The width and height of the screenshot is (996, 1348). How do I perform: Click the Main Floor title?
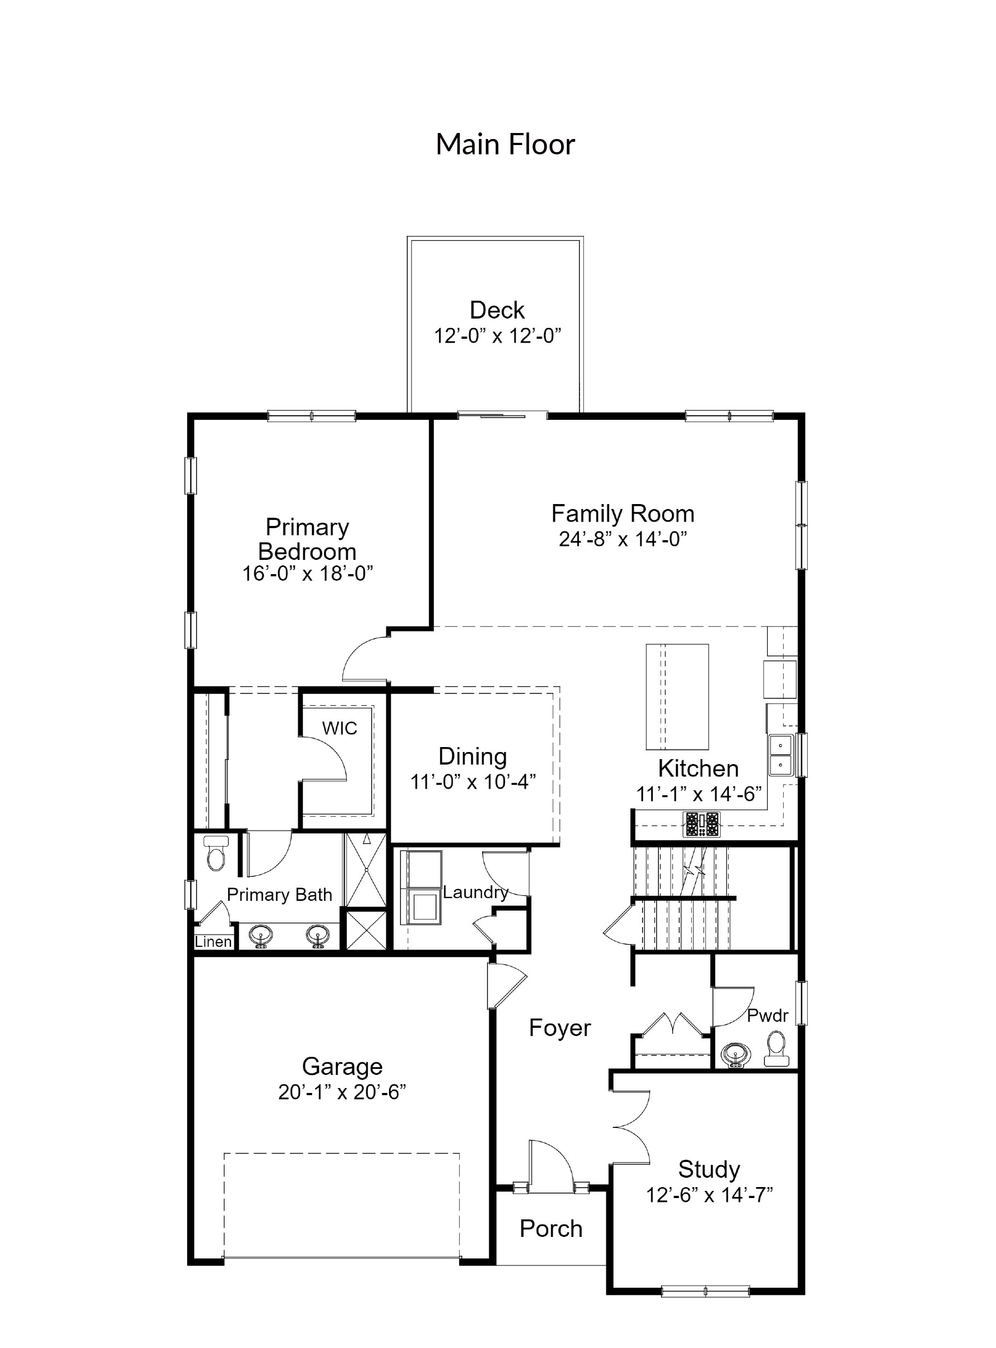pos(505,144)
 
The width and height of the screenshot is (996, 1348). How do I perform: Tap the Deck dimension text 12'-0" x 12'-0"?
pos(497,336)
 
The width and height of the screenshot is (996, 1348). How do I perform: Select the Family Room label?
pos(622,513)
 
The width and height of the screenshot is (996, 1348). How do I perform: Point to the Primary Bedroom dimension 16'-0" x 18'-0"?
pos(308,574)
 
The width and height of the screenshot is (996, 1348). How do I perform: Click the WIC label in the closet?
pos(339,728)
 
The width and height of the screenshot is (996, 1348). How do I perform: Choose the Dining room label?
pos(472,756)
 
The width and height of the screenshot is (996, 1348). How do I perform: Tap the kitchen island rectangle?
pos(676,696)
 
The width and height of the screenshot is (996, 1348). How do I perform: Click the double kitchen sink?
pos(781,755)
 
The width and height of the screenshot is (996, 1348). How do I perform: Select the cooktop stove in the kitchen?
pos(701,824)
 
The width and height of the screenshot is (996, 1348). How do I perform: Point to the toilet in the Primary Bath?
pos(215,854)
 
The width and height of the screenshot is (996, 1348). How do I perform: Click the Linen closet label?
pos(213,942)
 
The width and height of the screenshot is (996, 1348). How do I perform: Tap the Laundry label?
pos(476,892)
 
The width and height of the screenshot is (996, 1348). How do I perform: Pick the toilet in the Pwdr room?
pos(776,1049)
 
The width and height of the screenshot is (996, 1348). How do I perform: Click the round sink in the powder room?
pos(736,1055)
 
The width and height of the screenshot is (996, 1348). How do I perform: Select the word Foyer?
pos(559,1028)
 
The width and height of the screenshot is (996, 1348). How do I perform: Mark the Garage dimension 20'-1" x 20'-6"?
pos(342,1092)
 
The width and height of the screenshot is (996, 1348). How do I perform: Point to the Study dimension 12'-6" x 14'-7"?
pos(709,1195)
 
